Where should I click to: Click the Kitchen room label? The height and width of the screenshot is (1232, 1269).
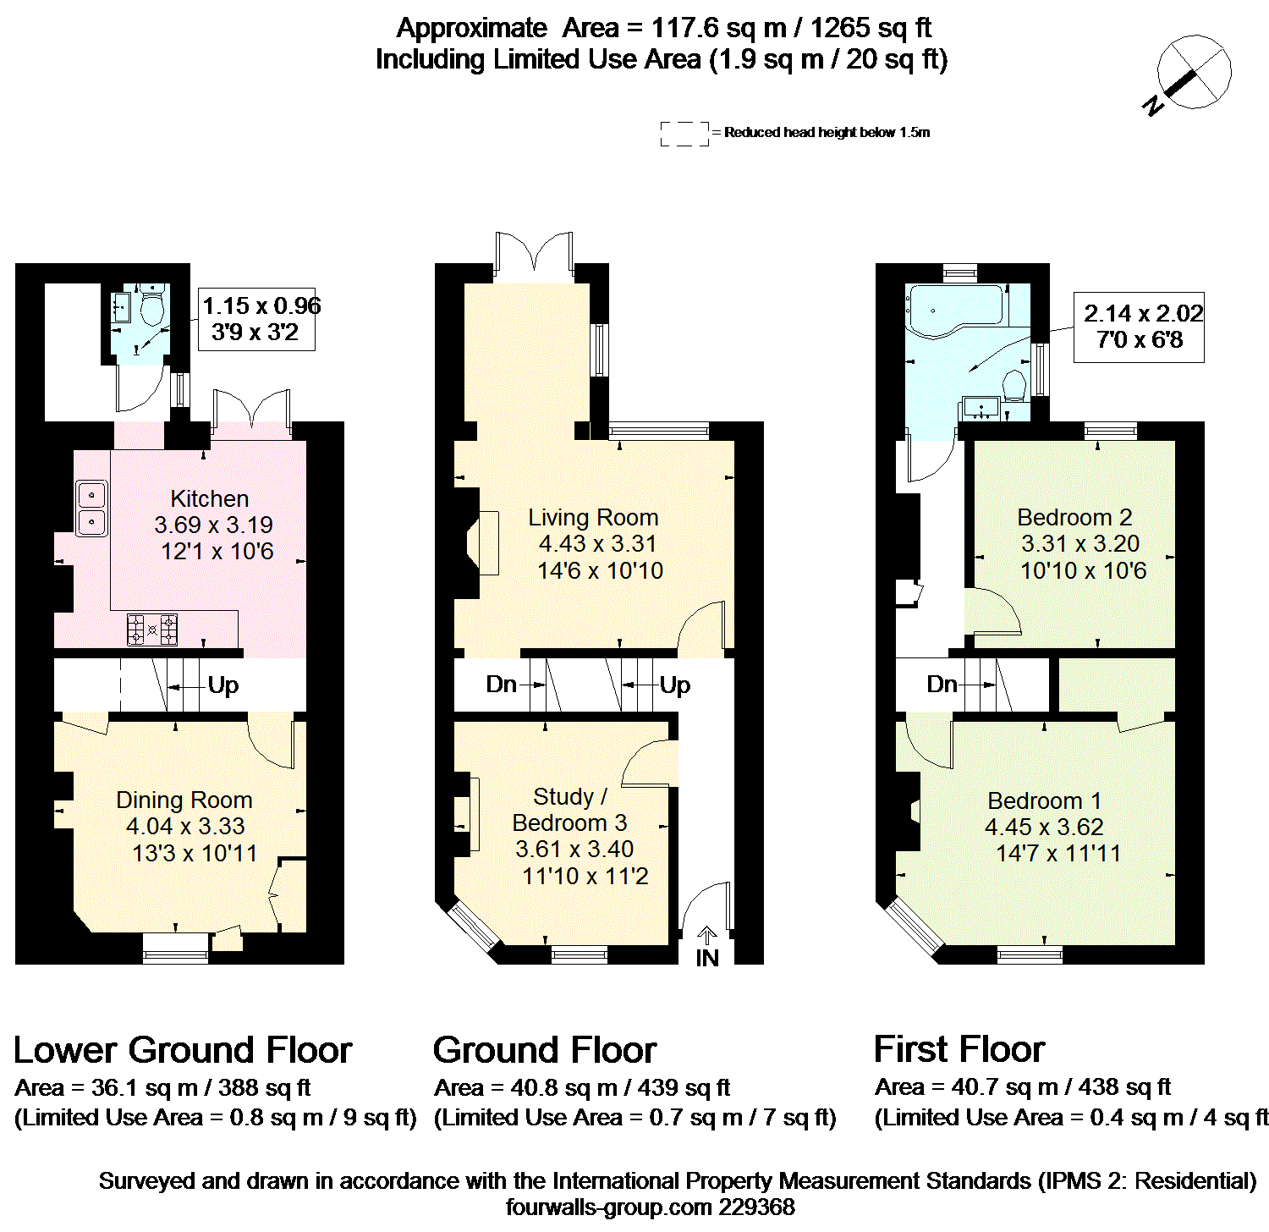[x=210, y=499]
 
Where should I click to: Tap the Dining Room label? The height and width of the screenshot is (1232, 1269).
[x=184, y=800]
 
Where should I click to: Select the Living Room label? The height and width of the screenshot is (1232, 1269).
[x=593, y=518]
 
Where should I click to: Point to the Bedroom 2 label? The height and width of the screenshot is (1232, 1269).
[x=1074, y=518]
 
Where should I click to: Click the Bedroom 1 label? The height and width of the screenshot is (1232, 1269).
[x=1045, y=801]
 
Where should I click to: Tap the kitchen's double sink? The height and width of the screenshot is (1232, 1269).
[x=91, y=508]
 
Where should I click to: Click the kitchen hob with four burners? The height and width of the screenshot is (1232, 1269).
[x=152, y=630]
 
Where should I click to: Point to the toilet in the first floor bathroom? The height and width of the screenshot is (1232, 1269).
[x=1014, y=386]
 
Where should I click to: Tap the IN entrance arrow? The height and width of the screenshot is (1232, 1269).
[x=707, y=936]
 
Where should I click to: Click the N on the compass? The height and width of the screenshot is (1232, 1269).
[x=1152, y=106]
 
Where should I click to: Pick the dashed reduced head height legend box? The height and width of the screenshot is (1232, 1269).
[x=684, y=133]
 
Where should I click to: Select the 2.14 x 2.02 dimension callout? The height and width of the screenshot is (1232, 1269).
[x=1139, y=327]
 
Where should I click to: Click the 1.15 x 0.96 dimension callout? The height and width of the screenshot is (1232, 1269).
[x=256, y=319]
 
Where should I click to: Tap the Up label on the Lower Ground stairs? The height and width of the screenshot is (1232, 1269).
[x=223, y=685]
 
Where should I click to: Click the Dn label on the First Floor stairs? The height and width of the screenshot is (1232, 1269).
[x=942, y=684]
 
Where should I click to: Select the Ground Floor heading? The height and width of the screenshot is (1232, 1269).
[x=545, y=1050]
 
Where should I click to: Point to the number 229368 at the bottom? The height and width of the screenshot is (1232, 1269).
[x=756, y=1207]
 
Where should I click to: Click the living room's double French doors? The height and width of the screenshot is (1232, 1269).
[x=535, y=253]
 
